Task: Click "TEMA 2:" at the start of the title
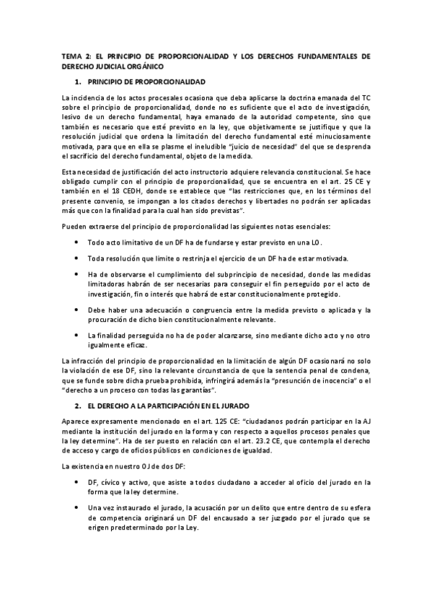[74, 56]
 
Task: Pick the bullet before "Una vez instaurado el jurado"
[77, 509]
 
